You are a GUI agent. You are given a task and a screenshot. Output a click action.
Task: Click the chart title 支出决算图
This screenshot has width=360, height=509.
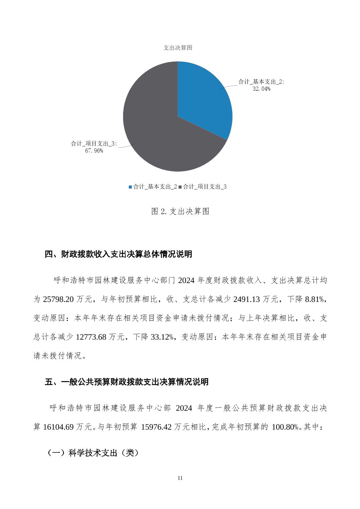[178, 48]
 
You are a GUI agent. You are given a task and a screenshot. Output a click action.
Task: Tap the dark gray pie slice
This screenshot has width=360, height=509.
[161, 134]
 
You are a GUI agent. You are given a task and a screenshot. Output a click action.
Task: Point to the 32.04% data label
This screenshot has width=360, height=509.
[261, 89]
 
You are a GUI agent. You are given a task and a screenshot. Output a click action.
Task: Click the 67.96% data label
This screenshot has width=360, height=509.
[94, 151]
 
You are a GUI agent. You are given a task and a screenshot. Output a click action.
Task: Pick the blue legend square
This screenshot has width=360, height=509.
[130, 187]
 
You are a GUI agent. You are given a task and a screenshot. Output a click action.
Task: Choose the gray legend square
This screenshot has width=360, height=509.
[180, 187]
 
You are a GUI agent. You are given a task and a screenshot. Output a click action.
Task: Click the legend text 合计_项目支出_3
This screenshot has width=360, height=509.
[204, 187]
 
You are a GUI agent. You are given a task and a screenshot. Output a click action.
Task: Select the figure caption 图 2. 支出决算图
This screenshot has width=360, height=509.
[180, 211]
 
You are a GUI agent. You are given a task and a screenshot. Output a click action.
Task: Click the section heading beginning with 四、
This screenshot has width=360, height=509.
[118, 254]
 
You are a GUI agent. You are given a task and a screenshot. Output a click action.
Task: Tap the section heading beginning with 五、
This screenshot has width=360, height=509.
[127, 382]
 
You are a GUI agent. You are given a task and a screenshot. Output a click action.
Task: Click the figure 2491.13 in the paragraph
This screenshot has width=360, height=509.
[246, 299]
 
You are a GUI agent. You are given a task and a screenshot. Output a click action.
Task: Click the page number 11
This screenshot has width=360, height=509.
[180, 478]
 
